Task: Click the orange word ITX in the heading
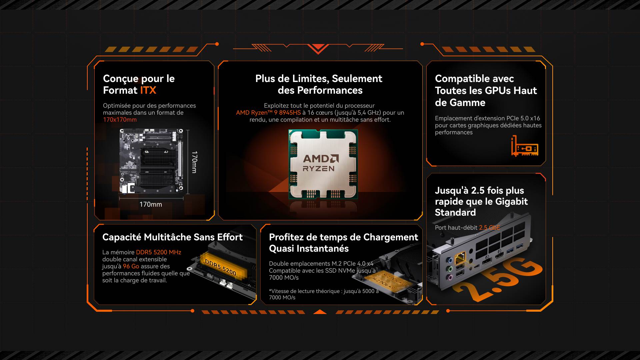tap(148, 90)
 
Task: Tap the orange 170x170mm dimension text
tap(120, 120)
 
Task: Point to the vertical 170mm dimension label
tap(194, 162)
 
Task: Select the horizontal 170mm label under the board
tap(151, 204)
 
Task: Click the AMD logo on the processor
tap(321, 159)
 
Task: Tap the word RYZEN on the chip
tap(318, 169)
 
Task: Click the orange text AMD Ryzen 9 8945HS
tap(268, 113)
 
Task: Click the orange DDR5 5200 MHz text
tap(159, 252)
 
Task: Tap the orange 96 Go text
tap(131, 266)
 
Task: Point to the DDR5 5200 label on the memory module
tap(221, 267)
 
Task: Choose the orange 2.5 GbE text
tap(489, 228)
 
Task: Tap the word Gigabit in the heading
tap(511, 202)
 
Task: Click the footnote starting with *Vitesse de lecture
tap(324, 294)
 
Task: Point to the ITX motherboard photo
tap(152, 161)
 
